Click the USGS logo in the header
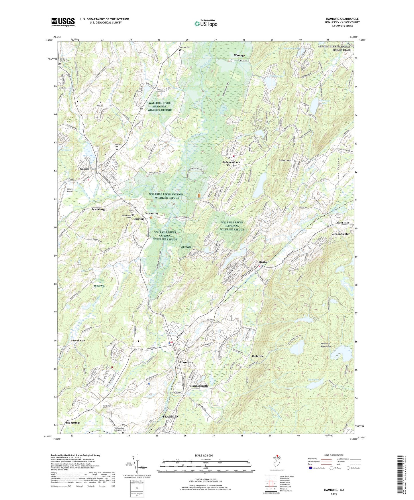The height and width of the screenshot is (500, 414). point(63,22)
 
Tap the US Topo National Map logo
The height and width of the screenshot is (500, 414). point(206,23)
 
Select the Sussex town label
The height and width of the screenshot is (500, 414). point(84,169)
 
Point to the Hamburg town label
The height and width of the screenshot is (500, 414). point(187,362)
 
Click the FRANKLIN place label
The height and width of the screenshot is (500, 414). point(170,417)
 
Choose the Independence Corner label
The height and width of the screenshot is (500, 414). point(231,164)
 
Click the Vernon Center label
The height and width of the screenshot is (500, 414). point(340,234)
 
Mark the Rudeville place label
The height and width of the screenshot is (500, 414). point(258,356)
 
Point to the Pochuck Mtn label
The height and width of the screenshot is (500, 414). point(284,160)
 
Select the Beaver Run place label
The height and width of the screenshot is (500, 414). point(78,340)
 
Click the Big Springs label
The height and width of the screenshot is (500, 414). point(73,423)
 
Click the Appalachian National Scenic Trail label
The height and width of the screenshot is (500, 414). point(334,48)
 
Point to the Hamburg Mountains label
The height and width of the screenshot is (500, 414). point(325,345)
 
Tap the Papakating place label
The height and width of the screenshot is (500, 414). point(151,213)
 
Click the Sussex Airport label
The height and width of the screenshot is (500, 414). point(69,190)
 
